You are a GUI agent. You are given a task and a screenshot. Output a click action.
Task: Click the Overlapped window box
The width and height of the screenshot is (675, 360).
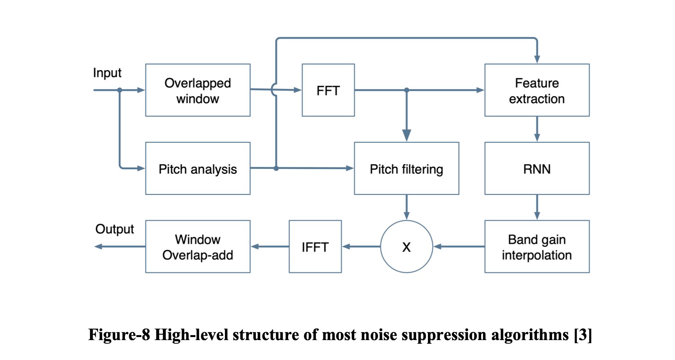[198, 90]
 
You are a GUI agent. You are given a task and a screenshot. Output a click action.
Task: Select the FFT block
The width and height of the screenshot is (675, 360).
[328, 90]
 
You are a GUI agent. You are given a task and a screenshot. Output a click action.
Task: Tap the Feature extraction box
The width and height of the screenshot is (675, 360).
[537, 90]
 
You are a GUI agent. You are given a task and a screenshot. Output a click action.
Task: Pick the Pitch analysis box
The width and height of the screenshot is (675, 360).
[198, 169]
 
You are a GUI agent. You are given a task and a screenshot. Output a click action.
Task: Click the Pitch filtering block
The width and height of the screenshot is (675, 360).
[406, 169]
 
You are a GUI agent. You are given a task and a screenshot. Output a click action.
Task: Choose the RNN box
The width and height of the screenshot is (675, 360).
[537, 169]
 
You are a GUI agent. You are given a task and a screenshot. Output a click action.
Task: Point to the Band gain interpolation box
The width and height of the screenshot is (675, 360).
[537, 247]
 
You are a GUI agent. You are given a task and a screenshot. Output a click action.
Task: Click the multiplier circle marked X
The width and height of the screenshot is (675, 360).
[406, 247]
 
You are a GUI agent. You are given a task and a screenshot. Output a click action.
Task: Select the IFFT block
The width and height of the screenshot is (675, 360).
[315, 247]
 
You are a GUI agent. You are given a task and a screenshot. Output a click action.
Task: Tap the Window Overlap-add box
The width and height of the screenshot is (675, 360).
[198, 247]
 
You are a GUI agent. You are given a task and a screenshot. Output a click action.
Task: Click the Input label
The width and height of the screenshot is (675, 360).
[107, 73]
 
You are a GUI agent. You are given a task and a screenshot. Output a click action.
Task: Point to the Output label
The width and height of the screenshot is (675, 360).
[115, 229]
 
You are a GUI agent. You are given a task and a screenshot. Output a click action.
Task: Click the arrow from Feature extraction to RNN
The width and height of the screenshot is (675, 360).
[537, 129]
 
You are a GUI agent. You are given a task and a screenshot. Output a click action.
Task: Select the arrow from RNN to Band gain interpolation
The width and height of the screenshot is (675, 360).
[537, 208]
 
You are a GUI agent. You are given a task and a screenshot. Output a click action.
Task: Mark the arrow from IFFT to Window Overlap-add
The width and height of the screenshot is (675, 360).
[270, 247]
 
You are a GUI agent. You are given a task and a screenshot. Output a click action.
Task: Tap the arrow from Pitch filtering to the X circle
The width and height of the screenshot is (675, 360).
[406, 208]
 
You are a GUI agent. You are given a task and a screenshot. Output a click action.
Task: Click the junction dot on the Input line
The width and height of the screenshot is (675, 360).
[120, 90]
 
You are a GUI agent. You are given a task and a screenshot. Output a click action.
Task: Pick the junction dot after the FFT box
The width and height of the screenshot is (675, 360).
[406, 90]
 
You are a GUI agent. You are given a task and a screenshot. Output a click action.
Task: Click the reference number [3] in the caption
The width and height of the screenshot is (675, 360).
[583, 335]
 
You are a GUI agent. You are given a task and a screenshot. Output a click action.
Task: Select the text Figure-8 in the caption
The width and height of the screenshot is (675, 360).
[119, 335]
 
